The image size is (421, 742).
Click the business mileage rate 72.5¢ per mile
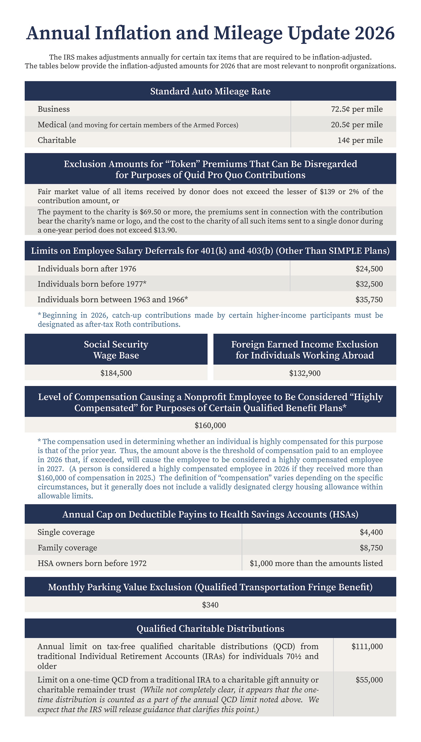pyautogui.click(x=356, y=109)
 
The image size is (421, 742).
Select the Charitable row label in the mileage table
pyautogui.click(x=57, y=140)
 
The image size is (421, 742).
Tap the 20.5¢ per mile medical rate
pyautogui.click(x=356, y=125)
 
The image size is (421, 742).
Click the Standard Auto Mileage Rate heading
pyautogui.click(x=210, y=91)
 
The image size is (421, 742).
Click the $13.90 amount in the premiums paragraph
pyautogui.click(x=165, y=230)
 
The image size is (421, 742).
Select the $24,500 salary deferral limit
pyautogui.click(x=369, y=269)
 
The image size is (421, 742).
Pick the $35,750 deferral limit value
pyautogui.click(x=369, y=300)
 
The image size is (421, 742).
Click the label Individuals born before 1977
pyautogui.click(x=92, y=284)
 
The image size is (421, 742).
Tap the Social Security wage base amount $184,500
pyautogui.click(x=116, y=373)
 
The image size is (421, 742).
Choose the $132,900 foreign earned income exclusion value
pyautogui.click(x=305, y=373)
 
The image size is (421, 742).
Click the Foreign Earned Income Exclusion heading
pyautogui.click(x=305, y=350)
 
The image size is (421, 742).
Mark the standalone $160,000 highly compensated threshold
pyautogui.click(x=210, y=425)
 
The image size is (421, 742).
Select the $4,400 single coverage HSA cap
pyautogui.click(x=371, y=532)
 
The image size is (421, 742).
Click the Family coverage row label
pyautogui.click(x=67, y=548)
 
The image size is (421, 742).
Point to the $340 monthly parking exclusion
pyautogui.click(x=210, y=605)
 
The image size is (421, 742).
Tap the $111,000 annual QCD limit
pyautogui.click(x=367, y=646)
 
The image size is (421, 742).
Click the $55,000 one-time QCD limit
pyautogui.click(x=369, y=680)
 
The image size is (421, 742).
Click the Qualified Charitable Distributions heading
pyautogui.click(x=210, y=628)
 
